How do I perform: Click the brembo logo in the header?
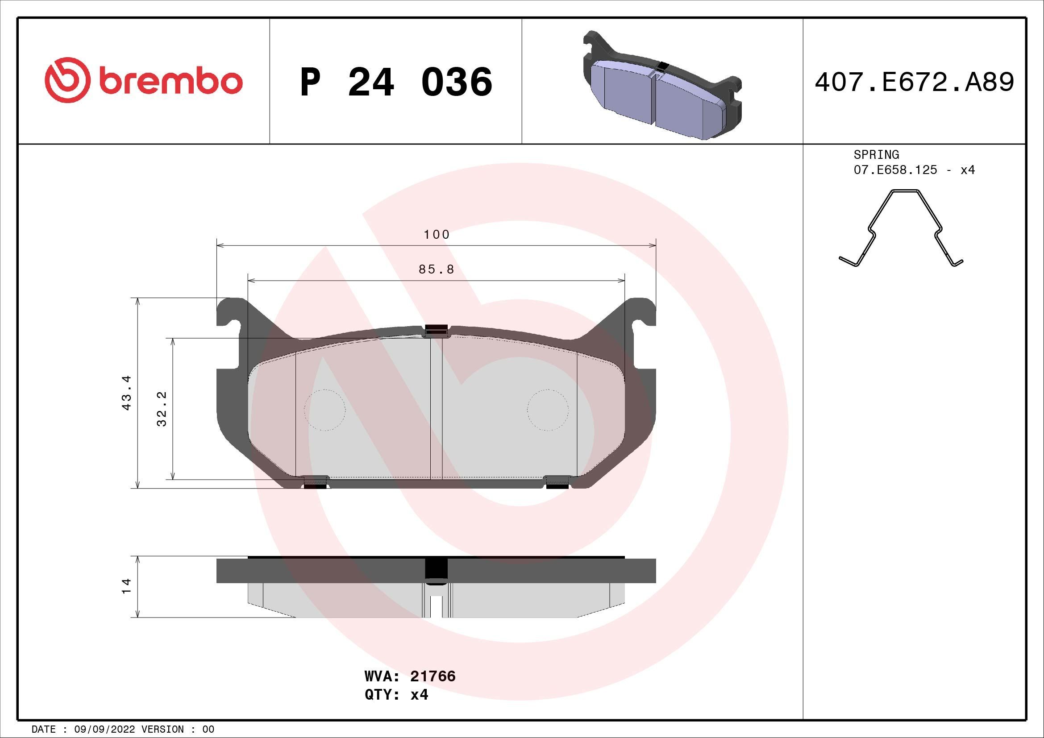coord(143,80)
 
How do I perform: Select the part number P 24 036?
coord(396,82)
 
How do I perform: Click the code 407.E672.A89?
coord(914,82)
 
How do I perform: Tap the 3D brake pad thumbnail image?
coord(662,85)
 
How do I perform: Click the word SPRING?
coord(876,154)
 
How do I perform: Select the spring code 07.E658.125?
coord(895,170)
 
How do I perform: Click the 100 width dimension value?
coord(437,235)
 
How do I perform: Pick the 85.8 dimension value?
coord(437,269)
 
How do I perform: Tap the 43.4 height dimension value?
coord(127,393)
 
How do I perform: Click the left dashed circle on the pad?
coord(324,410)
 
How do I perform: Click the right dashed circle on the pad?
coord(548,410)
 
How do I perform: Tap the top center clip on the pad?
coord(436,331)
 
